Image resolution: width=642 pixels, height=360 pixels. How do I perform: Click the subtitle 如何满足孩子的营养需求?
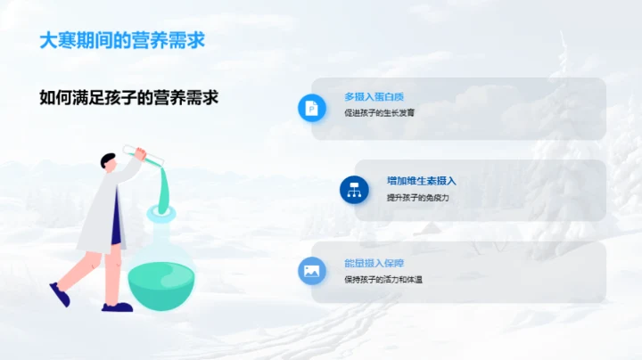click(129, 97)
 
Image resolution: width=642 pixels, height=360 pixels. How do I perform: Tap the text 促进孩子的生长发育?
click(379, 113)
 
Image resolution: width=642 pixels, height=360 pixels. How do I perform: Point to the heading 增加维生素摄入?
click(421, 180)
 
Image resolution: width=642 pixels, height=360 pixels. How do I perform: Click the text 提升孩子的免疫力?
click(417, 197)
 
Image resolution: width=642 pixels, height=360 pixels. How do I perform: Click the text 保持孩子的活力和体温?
click(383, 280)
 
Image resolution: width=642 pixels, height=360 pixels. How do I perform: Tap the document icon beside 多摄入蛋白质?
click(311, 108)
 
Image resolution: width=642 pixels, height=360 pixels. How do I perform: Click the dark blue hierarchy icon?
click(354, 189)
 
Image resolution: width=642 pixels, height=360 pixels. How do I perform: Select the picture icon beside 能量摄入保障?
click(311, 271)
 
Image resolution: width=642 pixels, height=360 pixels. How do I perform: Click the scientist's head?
click(110, 161)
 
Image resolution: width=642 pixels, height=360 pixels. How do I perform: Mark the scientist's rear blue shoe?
click(60, 293)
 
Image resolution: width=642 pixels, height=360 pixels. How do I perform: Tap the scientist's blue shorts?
click(115, 230)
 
